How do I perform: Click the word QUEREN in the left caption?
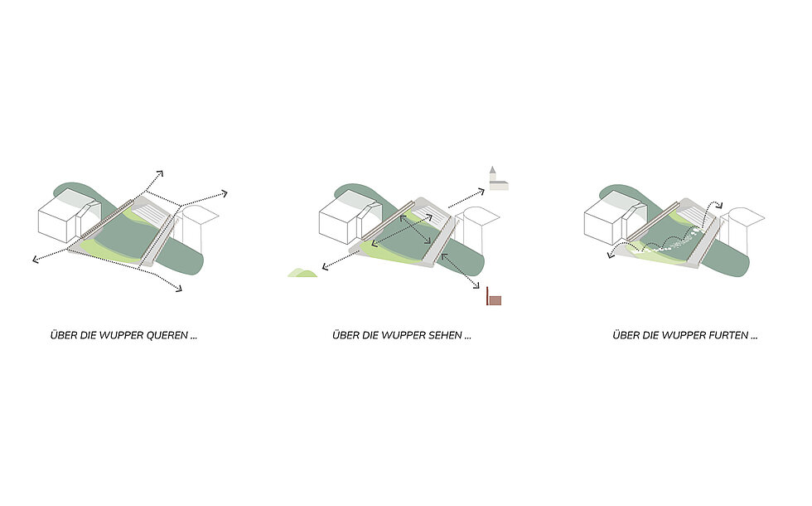[x=167, y=335]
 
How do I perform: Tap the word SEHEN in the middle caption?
[x=445, y=335]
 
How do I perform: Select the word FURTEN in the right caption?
[x=730, y=335]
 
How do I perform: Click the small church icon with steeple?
[x=498, y=179]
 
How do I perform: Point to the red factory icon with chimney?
[x=494, y=296]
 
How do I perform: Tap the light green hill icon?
[x=302, y=273]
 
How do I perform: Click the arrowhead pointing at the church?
[x=481, y=192]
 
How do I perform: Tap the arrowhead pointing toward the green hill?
[x=326, y=267]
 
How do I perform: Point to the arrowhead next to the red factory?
[x=476, y=285]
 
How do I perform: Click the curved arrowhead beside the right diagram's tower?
[x=719, y=206]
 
